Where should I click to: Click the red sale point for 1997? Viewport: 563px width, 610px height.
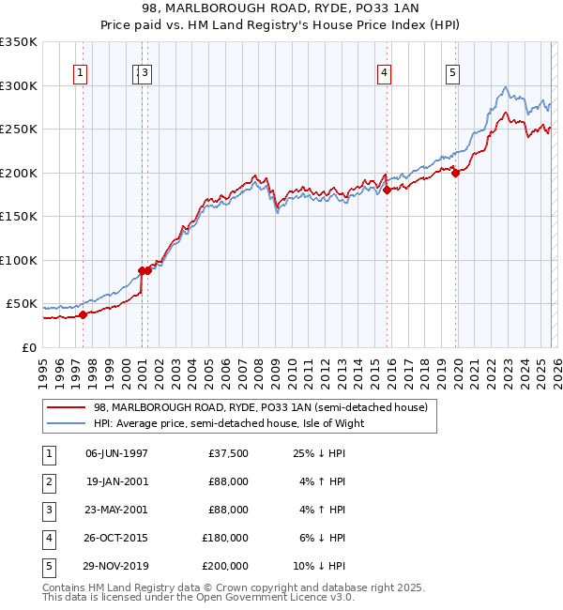83,314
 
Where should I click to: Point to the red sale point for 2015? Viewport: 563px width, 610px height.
387,190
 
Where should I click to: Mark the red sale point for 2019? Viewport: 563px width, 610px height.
455,173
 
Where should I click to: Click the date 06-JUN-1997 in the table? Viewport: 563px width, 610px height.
116,453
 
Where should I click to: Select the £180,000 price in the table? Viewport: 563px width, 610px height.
225,538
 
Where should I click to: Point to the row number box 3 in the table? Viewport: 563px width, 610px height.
47,510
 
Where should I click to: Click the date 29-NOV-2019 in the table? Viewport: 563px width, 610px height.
116,566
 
